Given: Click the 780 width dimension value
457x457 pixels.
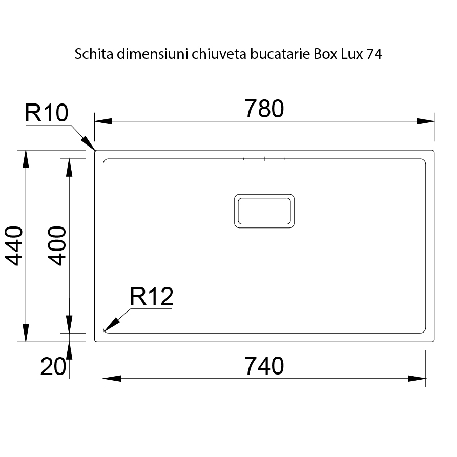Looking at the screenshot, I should pyautogui.click(x=264, y=109).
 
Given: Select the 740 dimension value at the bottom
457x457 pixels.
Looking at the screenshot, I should pyautogui.click(x=264, y=366).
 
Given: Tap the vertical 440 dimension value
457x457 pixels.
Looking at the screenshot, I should pyautogui.click(x=15, y=245).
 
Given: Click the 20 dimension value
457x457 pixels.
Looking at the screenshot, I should pyautogui.click(x=53, y=367).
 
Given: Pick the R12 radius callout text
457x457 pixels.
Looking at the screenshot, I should pyautogui.click(x=151, y=297).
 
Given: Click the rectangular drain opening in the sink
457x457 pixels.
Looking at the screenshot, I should pyautogui.click(x=264, y=211).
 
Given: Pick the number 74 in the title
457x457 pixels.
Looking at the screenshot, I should pyautogui.click(x=374, y=55).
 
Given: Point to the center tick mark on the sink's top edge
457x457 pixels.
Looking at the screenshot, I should pyautogui.click(x=264, y=159).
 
